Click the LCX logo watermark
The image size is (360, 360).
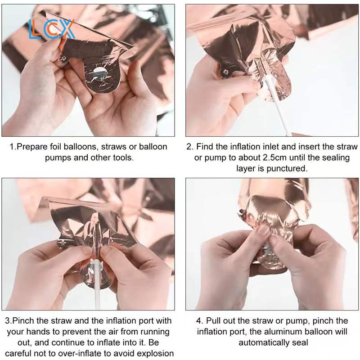51,29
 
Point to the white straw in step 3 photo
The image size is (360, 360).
97,285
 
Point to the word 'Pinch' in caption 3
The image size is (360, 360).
23,321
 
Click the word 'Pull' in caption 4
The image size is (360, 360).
213,321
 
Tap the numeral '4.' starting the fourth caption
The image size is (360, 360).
199,321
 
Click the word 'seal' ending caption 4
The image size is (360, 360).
300,343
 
